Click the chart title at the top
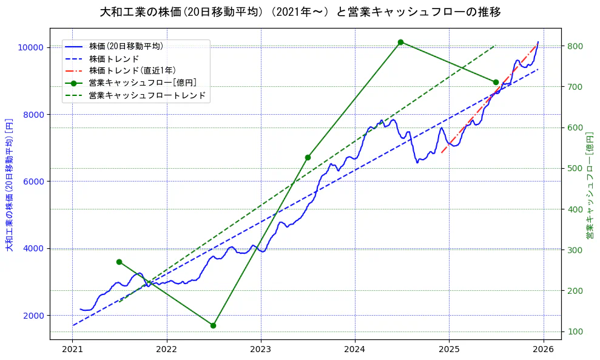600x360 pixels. (x=300, y=12)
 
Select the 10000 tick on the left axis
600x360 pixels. (x=30, y=47)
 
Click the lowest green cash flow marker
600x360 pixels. (x=213, y=325)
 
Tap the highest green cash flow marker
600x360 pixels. (x=400, y=42)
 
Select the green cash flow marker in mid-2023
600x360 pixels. (x=308, y=157)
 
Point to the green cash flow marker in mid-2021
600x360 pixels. (x=119, y=262)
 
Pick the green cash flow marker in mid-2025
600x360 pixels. (x=496, y=82)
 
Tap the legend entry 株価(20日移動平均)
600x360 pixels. (x=126, y=46)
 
